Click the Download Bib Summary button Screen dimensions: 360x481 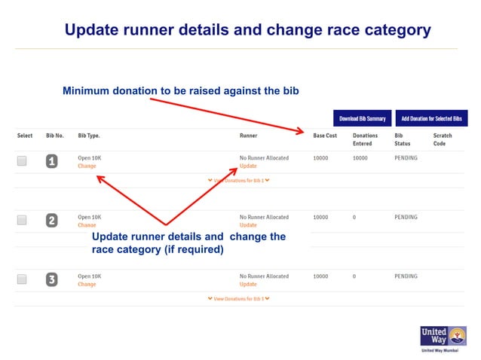(x=363, y=118)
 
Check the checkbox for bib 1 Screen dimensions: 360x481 (x=22, y=160)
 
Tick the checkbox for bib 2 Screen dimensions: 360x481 (x=22, y=220)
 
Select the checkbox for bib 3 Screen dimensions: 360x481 (x=22, y=279)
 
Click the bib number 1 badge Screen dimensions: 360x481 (x=51, y=161)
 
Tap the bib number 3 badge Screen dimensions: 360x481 (x=51, y=279)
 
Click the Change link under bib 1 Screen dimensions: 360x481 (x=87, y=166)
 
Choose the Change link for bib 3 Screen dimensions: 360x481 (x=87, y=285)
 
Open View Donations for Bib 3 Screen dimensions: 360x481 (x=238, y=299)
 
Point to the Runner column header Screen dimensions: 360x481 (x=248, y=136)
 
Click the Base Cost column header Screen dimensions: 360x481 (x=325, y=136)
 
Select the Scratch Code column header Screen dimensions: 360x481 (x=443, y=139)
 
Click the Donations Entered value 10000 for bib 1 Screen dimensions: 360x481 (x=360, y=158)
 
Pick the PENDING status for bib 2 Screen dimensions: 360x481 (x=406, y=217)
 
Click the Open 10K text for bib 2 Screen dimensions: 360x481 (x=89, y=217)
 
